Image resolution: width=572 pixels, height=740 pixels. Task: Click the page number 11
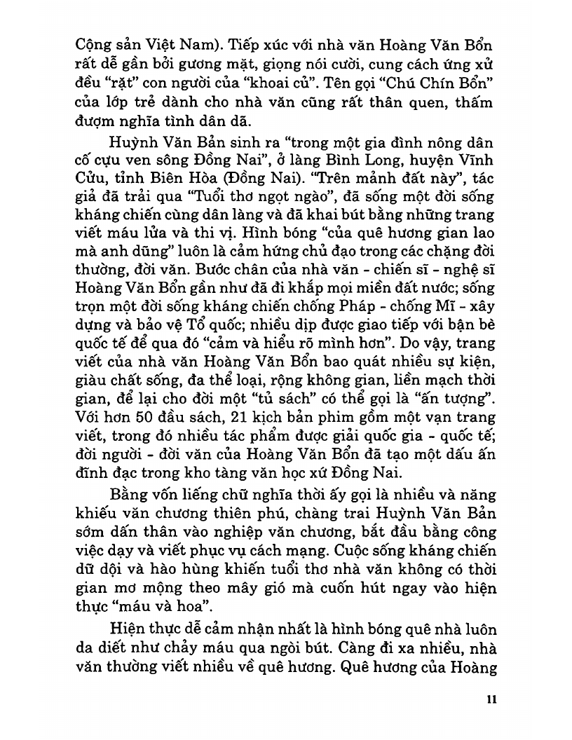pos(491,699)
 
